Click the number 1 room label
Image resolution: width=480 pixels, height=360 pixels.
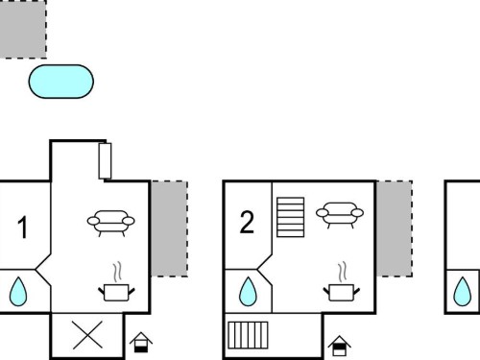(22, 228)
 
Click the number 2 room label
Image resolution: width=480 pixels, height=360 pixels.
(247, 222)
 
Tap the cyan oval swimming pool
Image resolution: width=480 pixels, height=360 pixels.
(61, 82)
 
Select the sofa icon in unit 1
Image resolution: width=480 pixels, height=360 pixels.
(110, 223)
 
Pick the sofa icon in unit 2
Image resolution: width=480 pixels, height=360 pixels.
(340, 214)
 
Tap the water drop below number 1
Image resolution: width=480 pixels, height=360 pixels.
(18, 292)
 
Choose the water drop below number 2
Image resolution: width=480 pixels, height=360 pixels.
(248, 292)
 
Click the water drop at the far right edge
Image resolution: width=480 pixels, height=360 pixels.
(463, 292)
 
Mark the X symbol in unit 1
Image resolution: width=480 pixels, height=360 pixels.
(87, 335)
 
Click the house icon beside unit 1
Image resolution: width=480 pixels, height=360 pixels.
(141, 343)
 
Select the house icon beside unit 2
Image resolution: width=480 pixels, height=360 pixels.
(339, 346)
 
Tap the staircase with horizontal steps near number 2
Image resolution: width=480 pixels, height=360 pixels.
(290, 217)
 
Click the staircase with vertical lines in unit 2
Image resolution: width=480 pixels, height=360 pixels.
(248, 335)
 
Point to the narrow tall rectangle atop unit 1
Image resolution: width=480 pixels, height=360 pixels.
(105, 161)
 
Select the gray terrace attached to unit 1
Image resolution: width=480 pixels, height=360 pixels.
(169, 228)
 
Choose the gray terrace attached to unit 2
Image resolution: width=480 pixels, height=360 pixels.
(395, 228)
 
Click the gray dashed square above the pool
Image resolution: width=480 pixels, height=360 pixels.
(23, 30)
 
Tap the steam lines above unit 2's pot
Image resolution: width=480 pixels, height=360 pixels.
(343, 273)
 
